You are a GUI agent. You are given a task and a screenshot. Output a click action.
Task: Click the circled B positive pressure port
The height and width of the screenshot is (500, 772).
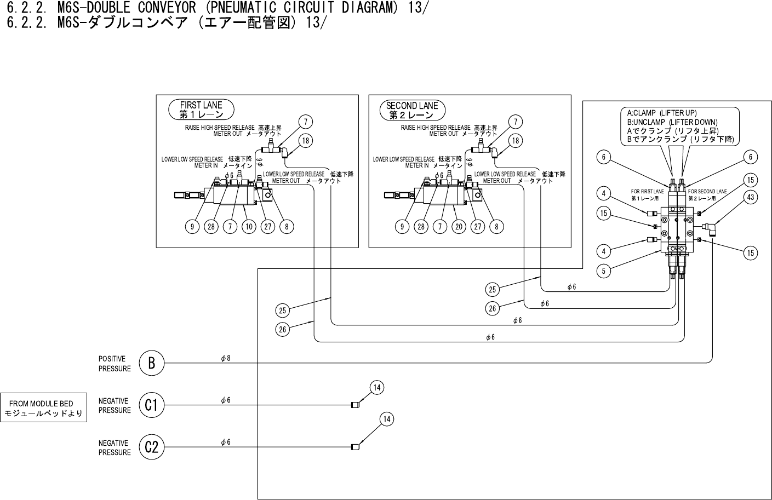coord(152,363)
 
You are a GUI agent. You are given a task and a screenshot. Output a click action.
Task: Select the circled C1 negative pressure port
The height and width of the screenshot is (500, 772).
coord(152,405)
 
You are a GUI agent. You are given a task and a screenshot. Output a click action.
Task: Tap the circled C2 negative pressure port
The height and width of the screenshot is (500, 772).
coord(152,447)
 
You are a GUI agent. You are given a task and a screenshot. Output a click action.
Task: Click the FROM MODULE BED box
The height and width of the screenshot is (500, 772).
coord(43,407)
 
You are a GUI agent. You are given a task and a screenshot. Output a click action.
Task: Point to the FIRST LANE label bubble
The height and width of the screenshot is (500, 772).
coord(201,110)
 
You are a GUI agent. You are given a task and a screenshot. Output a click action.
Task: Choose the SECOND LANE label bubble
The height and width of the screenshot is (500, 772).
coord(412,110)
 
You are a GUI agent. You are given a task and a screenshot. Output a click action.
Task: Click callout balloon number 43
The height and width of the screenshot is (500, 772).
coord(751,197)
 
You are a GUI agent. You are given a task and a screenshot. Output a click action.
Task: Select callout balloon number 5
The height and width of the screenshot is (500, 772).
coord(603,271)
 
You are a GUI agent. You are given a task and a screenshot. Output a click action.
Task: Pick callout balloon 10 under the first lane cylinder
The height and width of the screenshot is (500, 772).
coord(249,226)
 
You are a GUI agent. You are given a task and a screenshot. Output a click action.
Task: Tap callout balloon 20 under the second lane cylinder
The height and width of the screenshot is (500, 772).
coord(459,226)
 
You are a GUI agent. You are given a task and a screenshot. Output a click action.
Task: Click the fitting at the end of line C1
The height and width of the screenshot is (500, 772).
coord(356,405)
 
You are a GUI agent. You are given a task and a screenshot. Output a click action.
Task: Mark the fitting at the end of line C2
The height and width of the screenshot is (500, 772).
coord(356,447)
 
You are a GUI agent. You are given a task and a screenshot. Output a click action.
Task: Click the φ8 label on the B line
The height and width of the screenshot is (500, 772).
coord(226,358)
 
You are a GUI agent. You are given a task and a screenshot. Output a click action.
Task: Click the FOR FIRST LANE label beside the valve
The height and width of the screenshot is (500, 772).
coord(647,191)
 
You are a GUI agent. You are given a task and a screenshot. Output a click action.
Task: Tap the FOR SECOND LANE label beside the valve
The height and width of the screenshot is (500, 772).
coord(707,191)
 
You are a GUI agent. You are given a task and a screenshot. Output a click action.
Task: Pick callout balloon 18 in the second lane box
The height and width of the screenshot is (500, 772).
coord(516,141)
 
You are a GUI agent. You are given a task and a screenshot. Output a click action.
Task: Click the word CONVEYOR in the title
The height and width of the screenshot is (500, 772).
coord(167,8)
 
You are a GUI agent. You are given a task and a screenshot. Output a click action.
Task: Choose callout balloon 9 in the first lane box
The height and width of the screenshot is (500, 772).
coord(192,226)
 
